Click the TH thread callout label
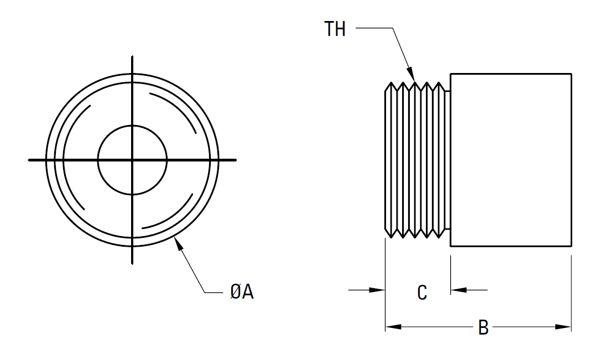point(335,29)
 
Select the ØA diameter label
point(242,291)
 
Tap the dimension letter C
point(422,293)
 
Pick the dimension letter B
point(483,327)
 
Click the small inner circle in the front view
point(132,138)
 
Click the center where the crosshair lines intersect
point(132,160)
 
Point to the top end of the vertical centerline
point(132,57)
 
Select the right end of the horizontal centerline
point(236,160)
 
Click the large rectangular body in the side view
point(511,160)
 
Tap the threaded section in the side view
point(415,160)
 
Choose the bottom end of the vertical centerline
point(132,263)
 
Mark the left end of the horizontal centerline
point(29,160)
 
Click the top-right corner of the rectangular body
point(571,74)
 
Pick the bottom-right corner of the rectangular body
point(571,246)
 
